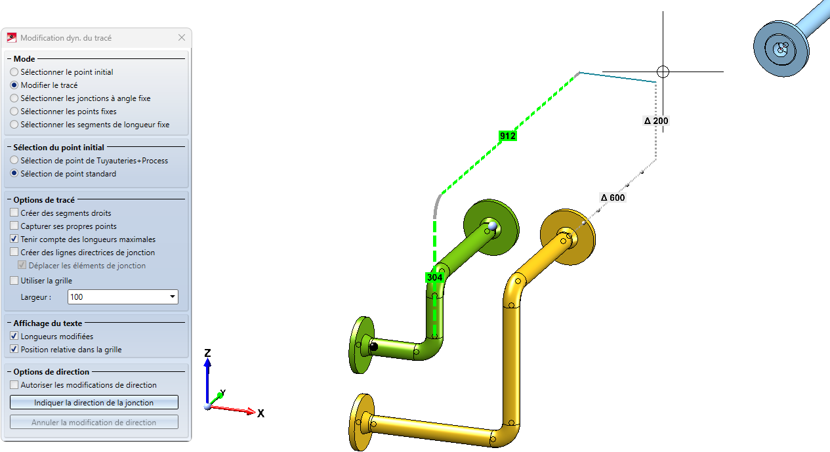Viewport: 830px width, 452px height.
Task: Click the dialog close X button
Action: point(182,37)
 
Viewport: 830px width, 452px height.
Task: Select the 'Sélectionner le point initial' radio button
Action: point(14,72)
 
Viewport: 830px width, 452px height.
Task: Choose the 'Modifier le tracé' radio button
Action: point(14,85)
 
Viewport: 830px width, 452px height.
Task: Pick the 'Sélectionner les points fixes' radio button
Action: point(14,111)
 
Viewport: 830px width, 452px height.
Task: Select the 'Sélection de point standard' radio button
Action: point(14,173)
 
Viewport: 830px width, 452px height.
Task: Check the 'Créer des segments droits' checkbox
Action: point(14,213)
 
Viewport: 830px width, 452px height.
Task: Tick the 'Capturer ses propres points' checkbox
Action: point(14,226)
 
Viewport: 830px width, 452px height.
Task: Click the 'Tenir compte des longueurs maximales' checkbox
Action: point(14,239)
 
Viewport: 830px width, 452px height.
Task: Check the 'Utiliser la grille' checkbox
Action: point(14,281)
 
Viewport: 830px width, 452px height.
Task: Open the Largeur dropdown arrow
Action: point(173,297)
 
